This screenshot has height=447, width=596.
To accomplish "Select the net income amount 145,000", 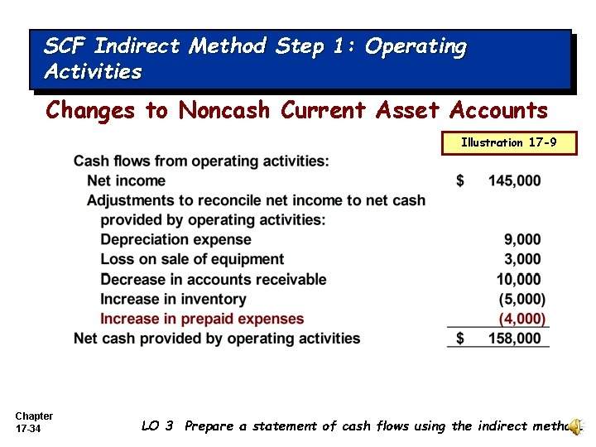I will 514,180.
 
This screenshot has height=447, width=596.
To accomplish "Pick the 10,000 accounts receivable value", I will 519,279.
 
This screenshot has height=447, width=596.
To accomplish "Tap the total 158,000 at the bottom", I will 514,338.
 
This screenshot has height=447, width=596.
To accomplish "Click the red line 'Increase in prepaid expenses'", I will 202,319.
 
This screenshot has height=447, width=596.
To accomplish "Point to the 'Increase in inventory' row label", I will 173,299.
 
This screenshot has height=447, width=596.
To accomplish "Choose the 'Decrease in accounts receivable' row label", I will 213,279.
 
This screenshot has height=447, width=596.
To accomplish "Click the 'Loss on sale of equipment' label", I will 192,259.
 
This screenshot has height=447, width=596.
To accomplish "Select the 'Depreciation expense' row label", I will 175,239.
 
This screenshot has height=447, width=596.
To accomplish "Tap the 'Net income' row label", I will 126,180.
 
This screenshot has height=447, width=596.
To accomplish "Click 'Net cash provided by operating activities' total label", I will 217,338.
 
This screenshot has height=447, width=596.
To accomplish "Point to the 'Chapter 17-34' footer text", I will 34,422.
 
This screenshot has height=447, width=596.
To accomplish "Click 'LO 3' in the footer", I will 157,425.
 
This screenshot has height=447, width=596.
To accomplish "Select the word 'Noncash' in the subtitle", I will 227,109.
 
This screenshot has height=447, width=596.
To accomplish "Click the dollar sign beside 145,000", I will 460,180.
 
